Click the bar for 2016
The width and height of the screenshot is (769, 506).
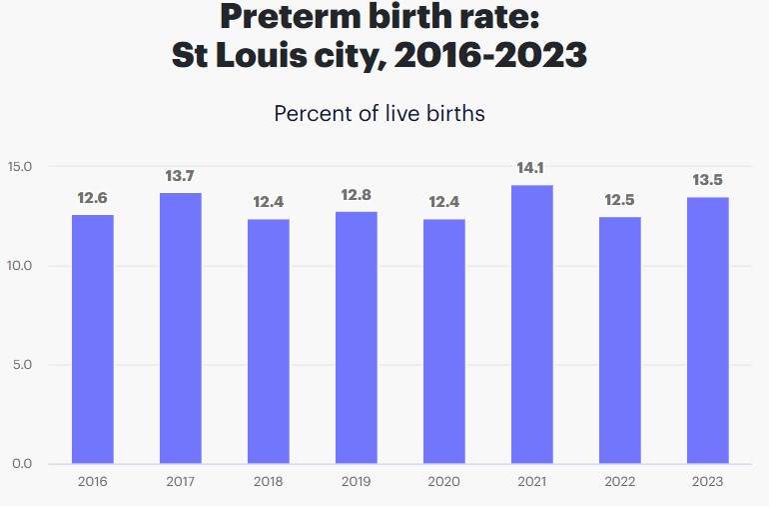tap(92, 339)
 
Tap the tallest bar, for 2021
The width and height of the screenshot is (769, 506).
tap(531, 324)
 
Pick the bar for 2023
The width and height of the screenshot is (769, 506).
tap(707, 330)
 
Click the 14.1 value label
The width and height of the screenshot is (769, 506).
tap(531, 168)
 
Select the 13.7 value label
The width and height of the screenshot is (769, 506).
tap(180, 176)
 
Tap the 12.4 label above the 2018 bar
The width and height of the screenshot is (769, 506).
tap(268, 202)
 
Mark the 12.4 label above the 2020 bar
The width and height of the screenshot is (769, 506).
tap(443, 202)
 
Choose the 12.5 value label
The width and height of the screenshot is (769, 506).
tap(619, 200)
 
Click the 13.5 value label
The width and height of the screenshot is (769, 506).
tap(707, 180)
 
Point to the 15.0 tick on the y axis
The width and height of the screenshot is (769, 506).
tap(20, 166)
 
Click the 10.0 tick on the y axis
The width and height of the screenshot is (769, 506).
tap(20, 266)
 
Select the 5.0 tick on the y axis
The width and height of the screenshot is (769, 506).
tap(23, 365)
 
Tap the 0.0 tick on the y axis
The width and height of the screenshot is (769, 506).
tap(23, 464)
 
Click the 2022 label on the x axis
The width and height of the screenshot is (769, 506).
tap(619, 482)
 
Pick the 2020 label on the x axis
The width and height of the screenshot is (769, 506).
tap(443, 482)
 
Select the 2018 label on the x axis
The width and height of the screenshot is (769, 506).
tap(268, 482)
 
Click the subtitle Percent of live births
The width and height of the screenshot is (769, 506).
tap(380, 113)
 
